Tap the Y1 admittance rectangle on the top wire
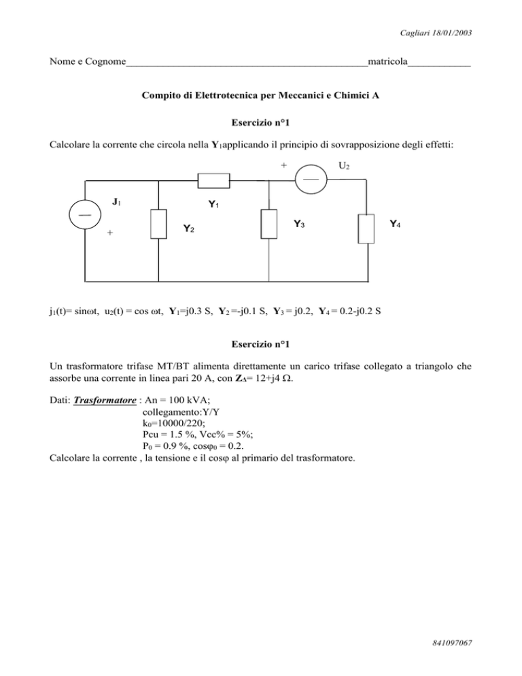pos(215,180)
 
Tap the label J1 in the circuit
pos(118,201)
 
